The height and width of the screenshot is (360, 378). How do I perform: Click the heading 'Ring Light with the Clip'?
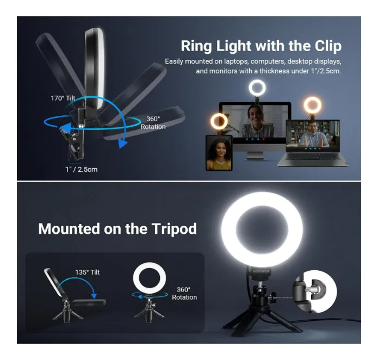pyautogui.click(x=261, y=46)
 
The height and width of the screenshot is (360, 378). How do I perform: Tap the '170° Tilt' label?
pyautogui.click(x=63, y=98)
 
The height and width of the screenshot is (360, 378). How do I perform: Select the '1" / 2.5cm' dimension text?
pyautogui.click(x=82, y=170)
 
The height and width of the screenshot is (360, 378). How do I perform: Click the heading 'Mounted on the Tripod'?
pyautogui.click(x=117, y=228)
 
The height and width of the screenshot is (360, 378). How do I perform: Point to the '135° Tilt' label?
pyautogui.click(x=87, y=272)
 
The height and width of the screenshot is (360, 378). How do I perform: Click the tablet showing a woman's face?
pyautogui.click(x=219, y=153)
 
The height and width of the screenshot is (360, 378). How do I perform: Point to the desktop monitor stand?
pyautogui.click(x=255, y=155)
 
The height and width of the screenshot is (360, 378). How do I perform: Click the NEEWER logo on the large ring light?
pyautogui.click(x=261, y=271)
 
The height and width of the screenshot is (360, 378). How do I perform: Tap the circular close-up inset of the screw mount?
pyautogui.click(x=314, y=291)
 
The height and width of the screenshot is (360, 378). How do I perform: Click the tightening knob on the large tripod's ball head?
pyautogui.click(x=274, y=295)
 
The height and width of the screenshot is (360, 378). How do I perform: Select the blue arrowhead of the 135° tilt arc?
pyautogui.click(x=94, y=296)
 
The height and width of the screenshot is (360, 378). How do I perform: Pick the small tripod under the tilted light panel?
pyautogui.click(x=66, y=312)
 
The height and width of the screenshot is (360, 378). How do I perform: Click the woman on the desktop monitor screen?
pyautogui.click(x=256, y=122)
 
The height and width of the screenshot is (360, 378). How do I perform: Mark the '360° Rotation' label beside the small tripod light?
pyautogui.click(x=184, y=293)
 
